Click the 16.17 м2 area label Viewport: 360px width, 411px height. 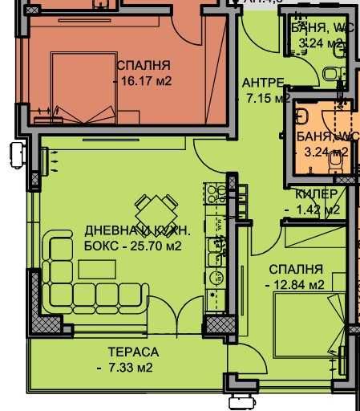[x=148, y=81]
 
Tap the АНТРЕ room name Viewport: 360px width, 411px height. [x=262, y=83]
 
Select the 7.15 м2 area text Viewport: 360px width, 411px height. [x=266, y=100]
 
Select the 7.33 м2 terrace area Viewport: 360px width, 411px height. [x=131, y=368]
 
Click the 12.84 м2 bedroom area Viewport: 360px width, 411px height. [x=297, y=284]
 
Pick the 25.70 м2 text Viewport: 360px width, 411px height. [x=149, y=246]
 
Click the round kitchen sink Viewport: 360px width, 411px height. [x=215, y=279]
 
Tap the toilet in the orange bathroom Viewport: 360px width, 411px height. [x=336, y=161]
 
